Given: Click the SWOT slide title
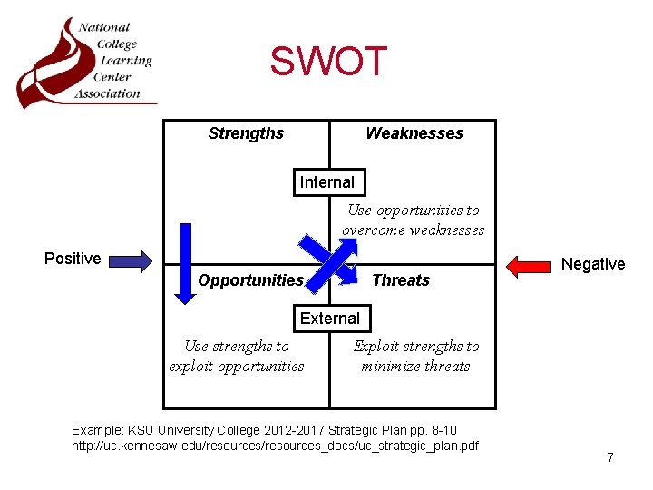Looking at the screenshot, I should click(x=328, y=62).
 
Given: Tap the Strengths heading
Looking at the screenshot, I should click(x=246, y=133).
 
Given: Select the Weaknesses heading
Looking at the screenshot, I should click(x=414, y=133).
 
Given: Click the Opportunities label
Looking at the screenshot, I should click(x=250, y=280).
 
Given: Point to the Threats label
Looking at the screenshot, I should click(x=401, y=280).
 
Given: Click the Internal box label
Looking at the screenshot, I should click(x=327, y=182).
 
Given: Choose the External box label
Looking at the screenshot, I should click(x=330, y=318).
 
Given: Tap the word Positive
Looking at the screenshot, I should click(x=73, y=259).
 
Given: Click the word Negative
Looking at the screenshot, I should click(x=593, y=264).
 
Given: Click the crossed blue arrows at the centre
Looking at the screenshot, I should click(x=326, y=260).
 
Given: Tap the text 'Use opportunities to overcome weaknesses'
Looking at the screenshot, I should click(x=414, y=220).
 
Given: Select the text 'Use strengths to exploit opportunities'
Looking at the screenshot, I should click(x=237, y=357).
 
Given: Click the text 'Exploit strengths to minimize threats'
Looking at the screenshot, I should click(x=416, y=357).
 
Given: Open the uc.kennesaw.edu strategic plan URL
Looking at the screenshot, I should click(x=275, y=446).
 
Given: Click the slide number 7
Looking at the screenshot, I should click(x=610, y=457).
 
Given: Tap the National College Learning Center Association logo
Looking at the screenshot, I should click(x=86, y=61).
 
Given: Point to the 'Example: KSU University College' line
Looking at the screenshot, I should click(x=264, y=429).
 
